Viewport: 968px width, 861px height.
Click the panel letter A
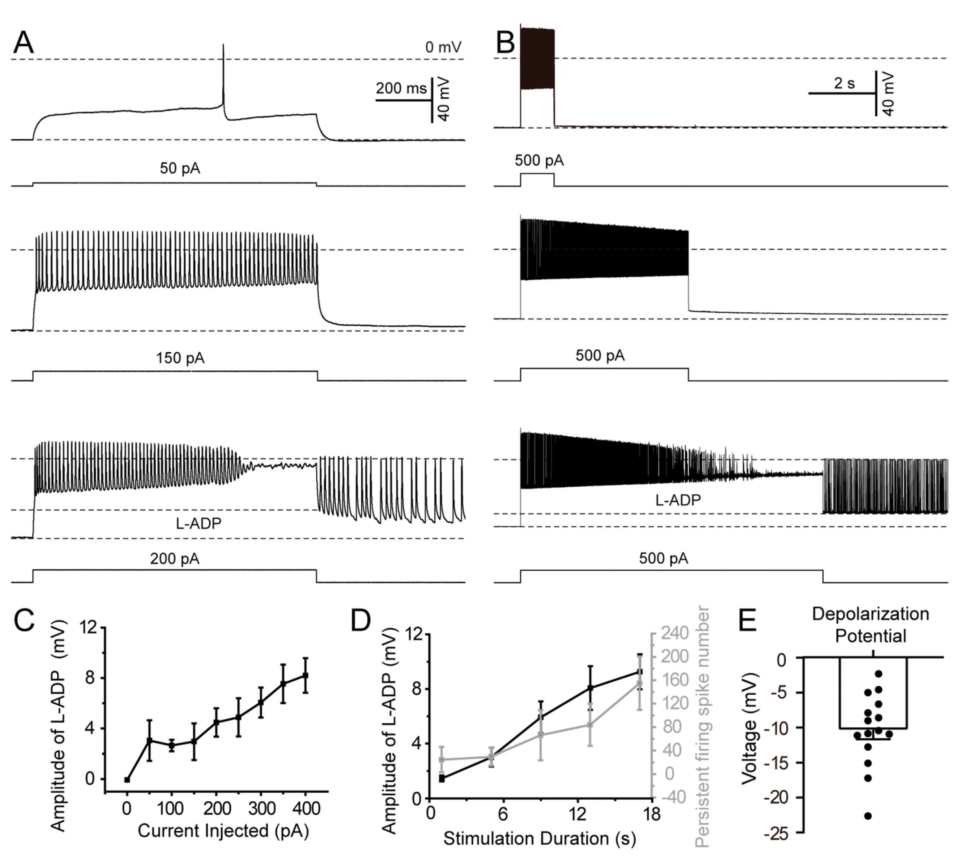coord(24,43)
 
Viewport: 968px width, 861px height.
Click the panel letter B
coord(505,43)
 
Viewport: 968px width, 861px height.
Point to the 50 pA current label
coord(180,168)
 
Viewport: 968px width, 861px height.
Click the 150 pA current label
coord(180,358)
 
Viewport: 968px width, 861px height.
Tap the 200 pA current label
coord(175,559)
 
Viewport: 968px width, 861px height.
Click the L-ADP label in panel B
coord(678,500)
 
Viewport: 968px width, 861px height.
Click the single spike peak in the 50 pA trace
coord(223,45)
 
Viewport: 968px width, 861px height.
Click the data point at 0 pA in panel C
coord(127,780)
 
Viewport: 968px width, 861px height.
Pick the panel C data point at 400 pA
coord(305,675)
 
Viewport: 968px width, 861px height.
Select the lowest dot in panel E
coord(868,816)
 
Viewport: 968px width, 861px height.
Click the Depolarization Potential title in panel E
coord(870,624)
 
